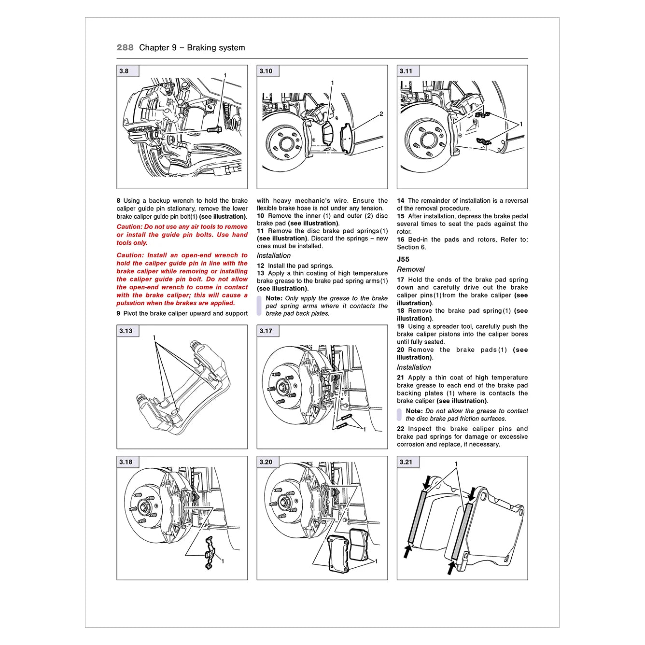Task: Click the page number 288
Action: (125, 47)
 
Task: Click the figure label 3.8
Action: (124, 71)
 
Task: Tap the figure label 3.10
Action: (266, 71)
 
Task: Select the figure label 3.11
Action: (406, 71)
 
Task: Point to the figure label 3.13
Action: (126, 331)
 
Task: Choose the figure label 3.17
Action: (266, 331)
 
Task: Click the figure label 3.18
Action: (126, 462)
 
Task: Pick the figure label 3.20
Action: (266, 462)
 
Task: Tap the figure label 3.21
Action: (406, 462)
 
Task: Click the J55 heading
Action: (403, 259)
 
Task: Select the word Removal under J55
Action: (411, 269)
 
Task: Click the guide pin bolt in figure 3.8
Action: (214, 129)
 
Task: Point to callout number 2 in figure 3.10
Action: (381, 114)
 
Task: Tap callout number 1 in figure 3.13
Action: (154, 337)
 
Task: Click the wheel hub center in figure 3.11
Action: (427, 140)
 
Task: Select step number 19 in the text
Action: (401, 326)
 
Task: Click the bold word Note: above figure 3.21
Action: (414, 411)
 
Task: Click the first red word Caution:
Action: (130, 226)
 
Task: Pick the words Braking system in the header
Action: (216, 47)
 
